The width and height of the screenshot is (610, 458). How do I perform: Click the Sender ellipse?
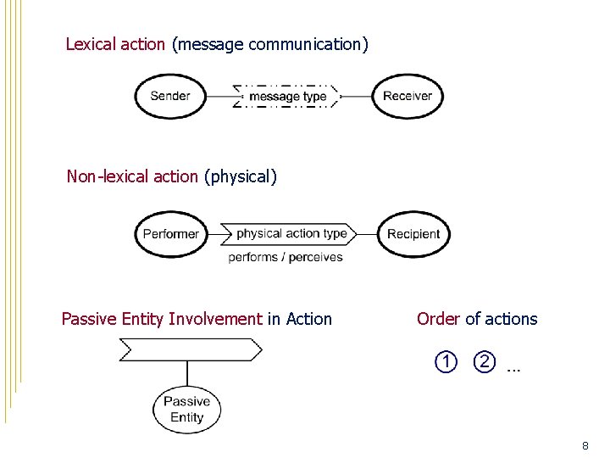170,96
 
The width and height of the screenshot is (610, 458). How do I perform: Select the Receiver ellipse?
408,96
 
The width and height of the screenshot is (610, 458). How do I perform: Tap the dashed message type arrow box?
287,96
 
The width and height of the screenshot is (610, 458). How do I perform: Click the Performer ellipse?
171,234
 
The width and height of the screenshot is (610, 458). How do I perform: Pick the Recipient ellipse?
413,234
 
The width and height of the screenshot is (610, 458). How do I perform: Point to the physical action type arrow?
291,233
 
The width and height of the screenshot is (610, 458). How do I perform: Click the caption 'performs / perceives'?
286,257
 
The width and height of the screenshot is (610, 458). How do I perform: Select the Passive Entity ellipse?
186,410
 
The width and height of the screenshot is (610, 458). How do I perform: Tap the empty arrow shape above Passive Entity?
191,349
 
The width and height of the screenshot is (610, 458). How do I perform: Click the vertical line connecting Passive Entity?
187,373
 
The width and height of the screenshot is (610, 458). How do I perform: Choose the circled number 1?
446,362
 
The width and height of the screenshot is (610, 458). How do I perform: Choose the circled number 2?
484,362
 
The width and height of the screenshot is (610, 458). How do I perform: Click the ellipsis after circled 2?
513,368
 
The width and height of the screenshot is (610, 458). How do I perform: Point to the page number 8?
585,445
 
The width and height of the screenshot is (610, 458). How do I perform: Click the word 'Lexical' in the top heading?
91,44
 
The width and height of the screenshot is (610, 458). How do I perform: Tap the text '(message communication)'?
270,44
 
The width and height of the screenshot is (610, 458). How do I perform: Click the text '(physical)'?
241,176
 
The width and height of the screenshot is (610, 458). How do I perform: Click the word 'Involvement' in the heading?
215,319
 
